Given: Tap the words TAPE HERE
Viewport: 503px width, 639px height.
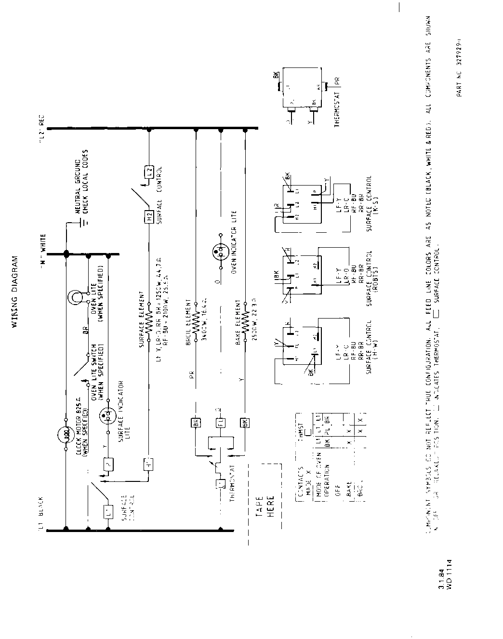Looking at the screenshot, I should (x=265, y=506).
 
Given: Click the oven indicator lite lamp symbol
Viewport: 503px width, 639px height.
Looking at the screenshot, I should (x=221, y=251).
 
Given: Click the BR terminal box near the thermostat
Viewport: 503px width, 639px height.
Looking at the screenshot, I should (x=196, y=424).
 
